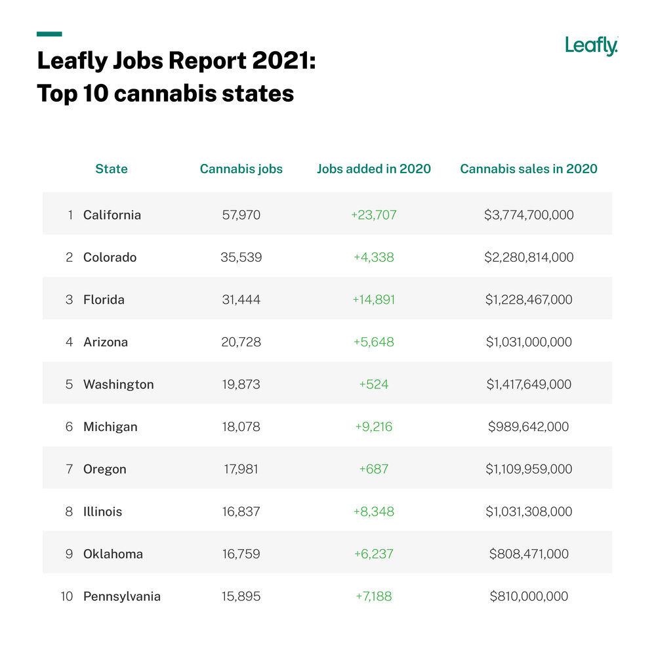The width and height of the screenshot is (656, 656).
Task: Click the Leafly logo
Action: pyautogui.click(x=591, y=46)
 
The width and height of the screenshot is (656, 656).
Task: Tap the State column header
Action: pyautogui.click(x=112, y=169)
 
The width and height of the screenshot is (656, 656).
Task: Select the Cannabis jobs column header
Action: pyautogui.click(x=241, y=169)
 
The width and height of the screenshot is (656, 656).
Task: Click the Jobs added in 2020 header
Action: pyautogui.click(x=374, y=169)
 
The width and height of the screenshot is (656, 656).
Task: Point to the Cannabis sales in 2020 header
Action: pyautogui.click(x=529, y=169)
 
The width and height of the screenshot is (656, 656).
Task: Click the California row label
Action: pyautogui.click(x=112, y=215)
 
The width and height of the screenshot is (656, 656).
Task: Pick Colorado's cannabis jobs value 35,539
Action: pyautogui.click(x=241, y=257)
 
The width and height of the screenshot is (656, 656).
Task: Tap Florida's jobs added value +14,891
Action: pyautogui.click(x=374, y=299)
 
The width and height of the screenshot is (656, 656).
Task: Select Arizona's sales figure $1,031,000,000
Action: pyautogui.click(x=529, y=342)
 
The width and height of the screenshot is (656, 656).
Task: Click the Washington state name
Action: pyautogui.click(x=119, y=384)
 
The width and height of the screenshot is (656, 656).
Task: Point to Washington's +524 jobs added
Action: pyautogui.click(x=374, y=384)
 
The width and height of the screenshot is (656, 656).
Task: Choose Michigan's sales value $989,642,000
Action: pyautogui.click(x=529, y=426)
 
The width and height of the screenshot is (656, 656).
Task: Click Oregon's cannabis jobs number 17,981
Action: pyautogui.click(x=241, y=469)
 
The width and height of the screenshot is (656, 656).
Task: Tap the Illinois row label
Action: pyautogui.click(x=103, y=511)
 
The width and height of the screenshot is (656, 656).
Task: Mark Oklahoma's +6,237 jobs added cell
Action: pyautogui.click(x=374, y=554)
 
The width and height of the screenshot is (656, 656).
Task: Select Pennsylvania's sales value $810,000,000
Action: pyautogui.click(x=529, y=596)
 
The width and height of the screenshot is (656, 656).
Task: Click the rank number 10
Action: pyautogui.click(x=67, y=596)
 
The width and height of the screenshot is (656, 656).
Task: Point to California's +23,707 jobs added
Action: pyautogui.click(x=374, y=215)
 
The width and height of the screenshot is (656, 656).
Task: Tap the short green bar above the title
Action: pyautogui.click(x=49, y=33)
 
